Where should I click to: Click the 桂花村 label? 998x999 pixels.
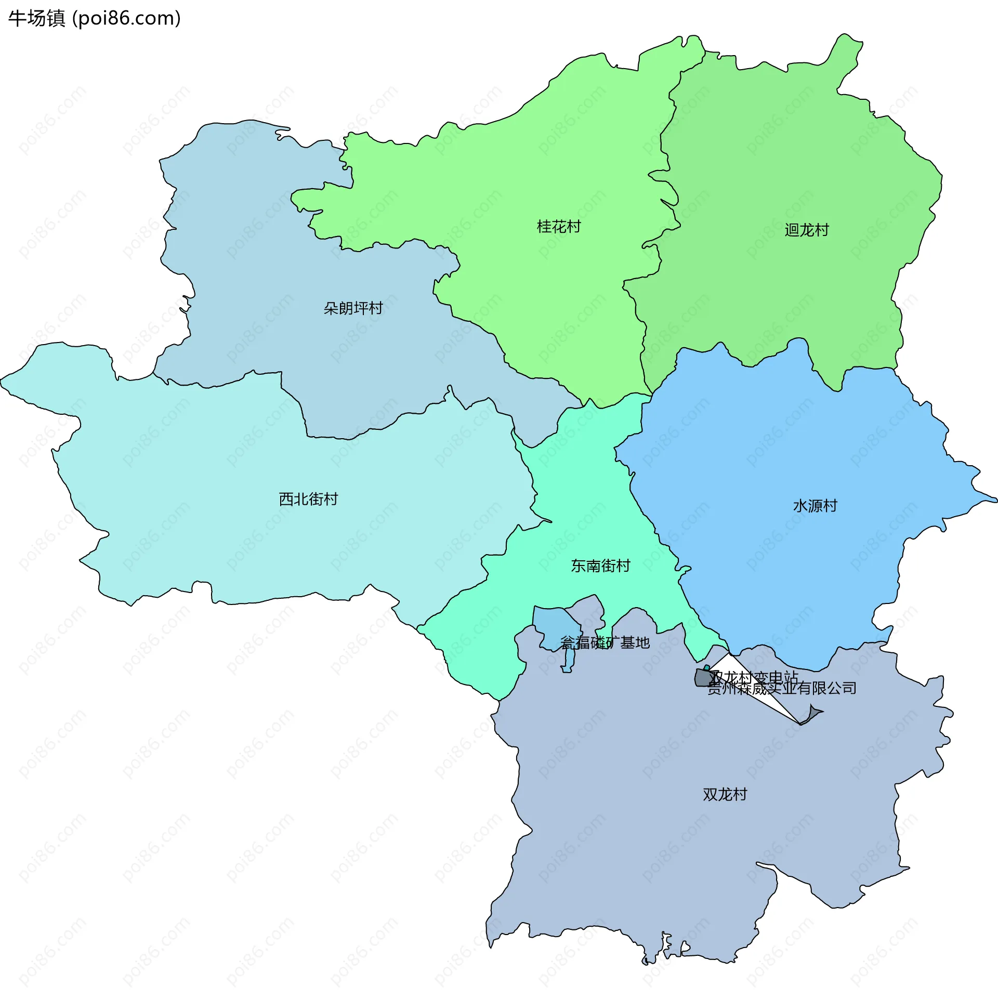pos(559,227)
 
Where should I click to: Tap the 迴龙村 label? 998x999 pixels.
pos(807,230)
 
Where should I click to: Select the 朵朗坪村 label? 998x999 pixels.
pos(353,308)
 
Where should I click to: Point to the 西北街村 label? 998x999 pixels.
pos(308,499)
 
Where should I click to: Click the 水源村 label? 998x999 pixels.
pos(815,506)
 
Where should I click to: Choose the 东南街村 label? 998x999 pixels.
pos(600,566)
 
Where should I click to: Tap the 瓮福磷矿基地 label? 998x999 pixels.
pos(605,643)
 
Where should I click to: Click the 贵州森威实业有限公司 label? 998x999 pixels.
pos(782,689)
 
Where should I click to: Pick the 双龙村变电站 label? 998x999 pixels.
pos(754,677)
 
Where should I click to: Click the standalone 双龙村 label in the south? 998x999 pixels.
pos(725,794)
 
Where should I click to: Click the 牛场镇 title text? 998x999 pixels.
pos(37,18)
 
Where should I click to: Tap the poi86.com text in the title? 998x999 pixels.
pos(126,18)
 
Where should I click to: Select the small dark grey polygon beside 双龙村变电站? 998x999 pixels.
pos(702,678)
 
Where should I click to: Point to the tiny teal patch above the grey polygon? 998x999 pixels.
pos(706,667)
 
